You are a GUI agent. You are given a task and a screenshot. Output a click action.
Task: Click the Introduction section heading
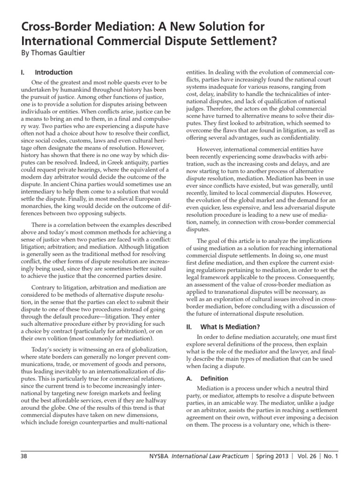(54, 73)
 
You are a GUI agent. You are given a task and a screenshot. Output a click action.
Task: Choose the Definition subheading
(214, 378)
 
